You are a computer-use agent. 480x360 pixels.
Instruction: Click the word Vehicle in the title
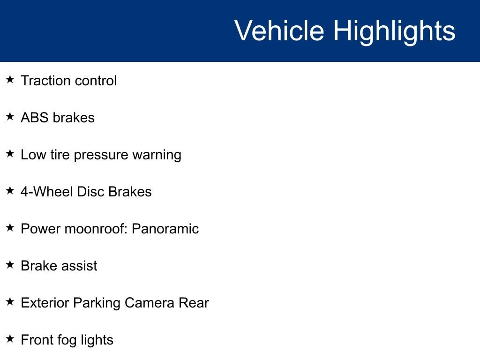click(x=279, y=30)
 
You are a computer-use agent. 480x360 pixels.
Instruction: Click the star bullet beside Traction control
click(x=10, y=79)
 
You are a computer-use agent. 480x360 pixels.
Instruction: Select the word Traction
click(x=45, y=81)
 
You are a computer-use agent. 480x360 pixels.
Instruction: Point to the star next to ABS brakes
click(x=10, y=116)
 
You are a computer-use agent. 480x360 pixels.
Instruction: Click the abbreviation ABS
click(x=35, y=118)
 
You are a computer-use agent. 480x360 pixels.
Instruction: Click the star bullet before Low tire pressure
click(x=10, y=153)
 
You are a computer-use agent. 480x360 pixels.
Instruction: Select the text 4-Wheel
click(x=47, y=192)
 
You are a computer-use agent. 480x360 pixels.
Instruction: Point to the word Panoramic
click(x=165, y=229)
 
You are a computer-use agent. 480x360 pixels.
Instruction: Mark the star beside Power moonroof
click(x=10, y=227)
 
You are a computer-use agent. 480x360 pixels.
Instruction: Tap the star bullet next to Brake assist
click(x=10, y=264)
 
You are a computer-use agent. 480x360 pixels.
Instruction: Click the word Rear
click(x=194, y=303)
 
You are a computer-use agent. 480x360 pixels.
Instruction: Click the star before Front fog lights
click(x=10, y=338)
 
